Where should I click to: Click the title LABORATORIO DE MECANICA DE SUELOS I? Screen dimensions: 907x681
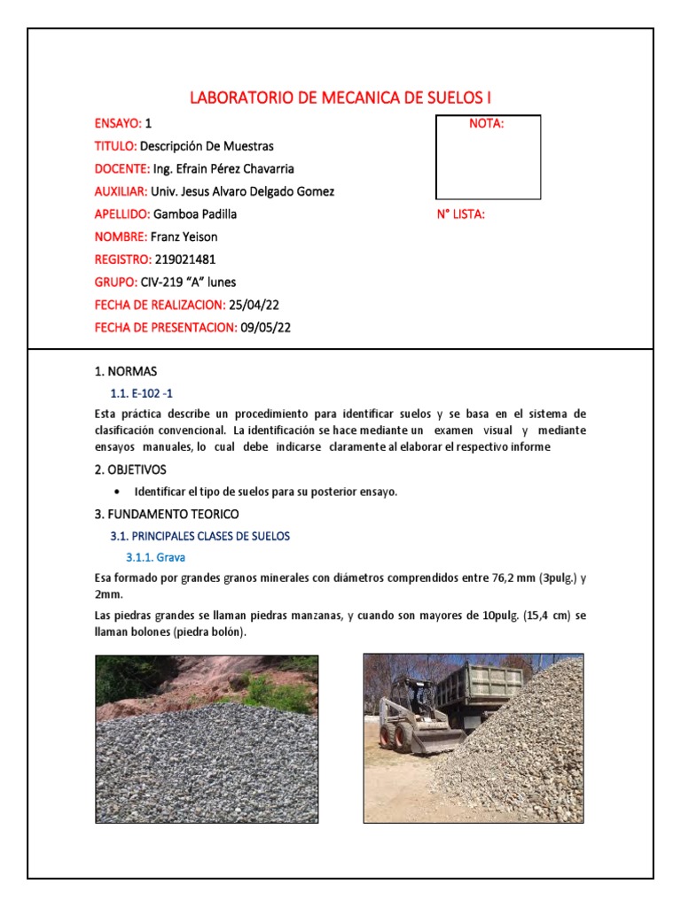(340, 97)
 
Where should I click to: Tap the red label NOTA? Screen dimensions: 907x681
(486, 124)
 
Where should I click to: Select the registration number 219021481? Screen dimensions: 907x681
(184, 260)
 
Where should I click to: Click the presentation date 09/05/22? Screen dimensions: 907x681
(266, 328)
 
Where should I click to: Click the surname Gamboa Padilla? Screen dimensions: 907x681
(195, 214)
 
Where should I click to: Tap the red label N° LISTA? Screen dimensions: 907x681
(460, 214)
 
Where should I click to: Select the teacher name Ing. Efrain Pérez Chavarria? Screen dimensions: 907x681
(223, 168)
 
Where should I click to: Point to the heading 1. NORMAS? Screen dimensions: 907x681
(125, 371)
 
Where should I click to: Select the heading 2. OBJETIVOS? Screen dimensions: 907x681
(129, 469)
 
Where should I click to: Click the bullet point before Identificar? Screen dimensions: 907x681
(118, 492)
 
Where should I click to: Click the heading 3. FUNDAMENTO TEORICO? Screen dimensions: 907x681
(166, 514)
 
